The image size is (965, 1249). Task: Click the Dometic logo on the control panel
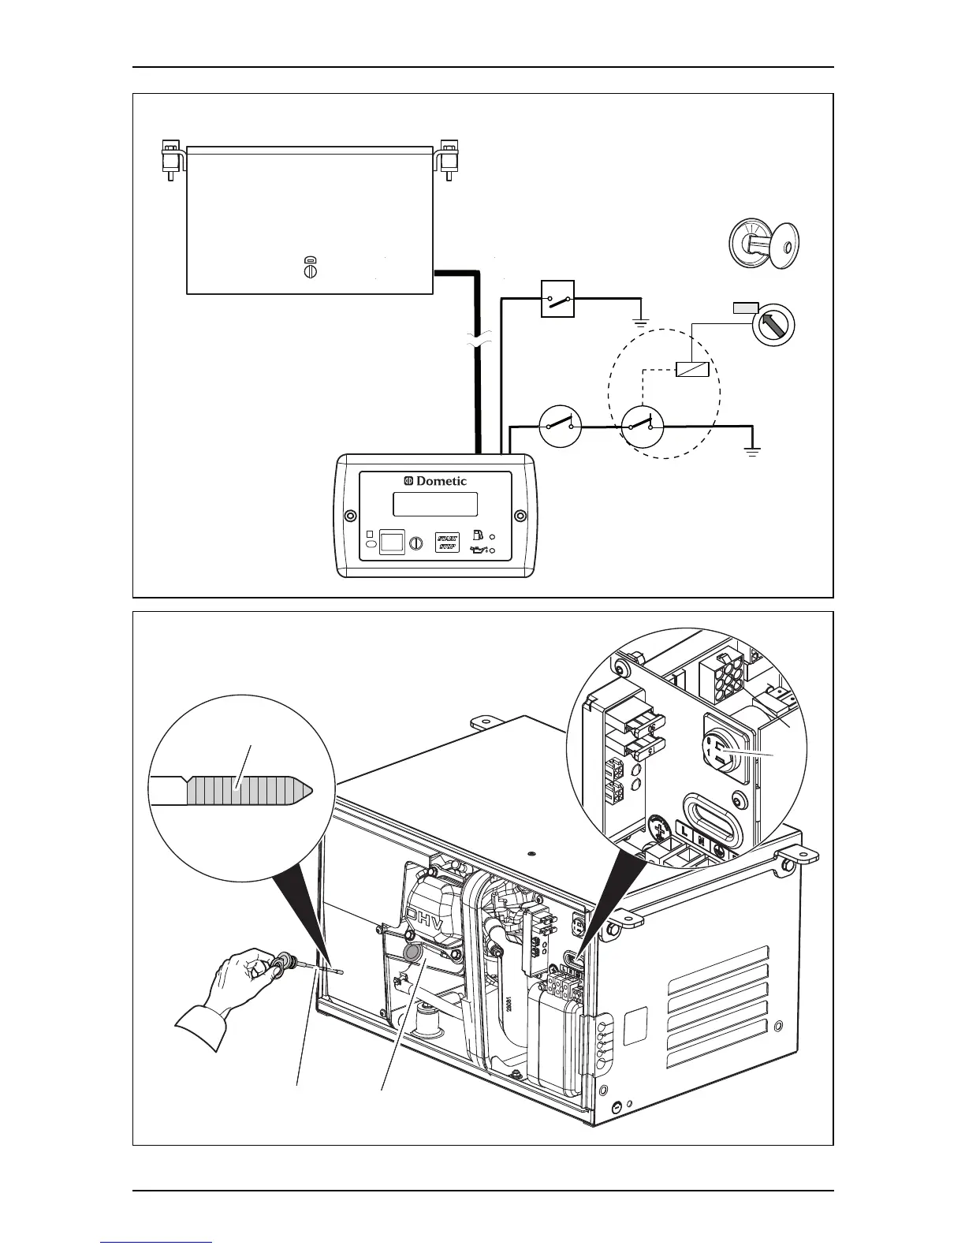pos(435,481)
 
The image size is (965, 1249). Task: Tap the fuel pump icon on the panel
pos(477,534)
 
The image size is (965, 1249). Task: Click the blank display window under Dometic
pos(435,504)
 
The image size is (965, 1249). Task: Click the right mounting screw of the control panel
pos(520,516)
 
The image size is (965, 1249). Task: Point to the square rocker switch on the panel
pos(392,542)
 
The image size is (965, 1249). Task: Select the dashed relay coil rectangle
pos(693,369)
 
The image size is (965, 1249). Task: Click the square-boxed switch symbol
pos(558,299)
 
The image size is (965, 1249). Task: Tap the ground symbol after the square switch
pos(640,322)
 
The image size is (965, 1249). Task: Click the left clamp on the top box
pos(170,157)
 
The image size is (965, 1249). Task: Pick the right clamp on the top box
pos(449,157)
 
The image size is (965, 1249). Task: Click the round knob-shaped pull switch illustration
pos(763,244)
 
